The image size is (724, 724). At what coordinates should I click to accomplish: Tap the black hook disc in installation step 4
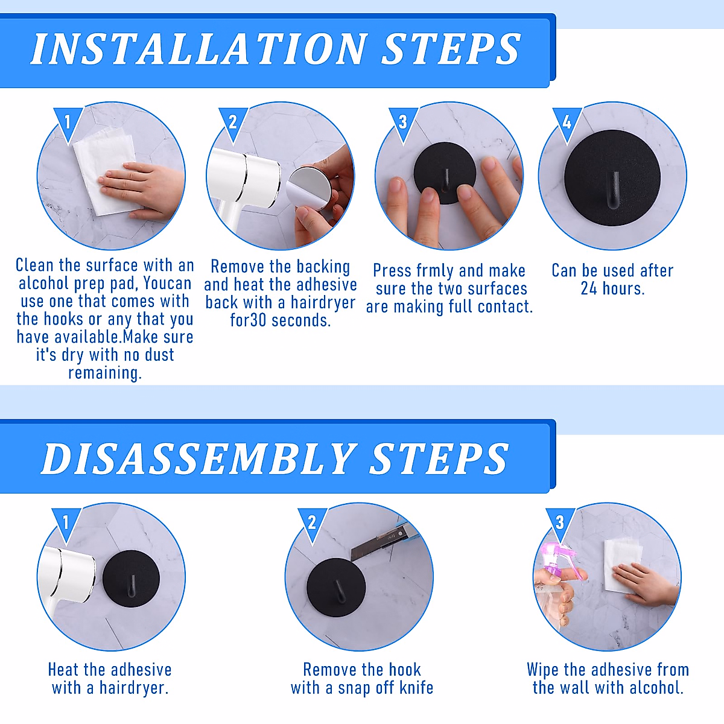click(x=612, y=178)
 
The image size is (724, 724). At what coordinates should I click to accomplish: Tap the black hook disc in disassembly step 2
click(x=336, y=586)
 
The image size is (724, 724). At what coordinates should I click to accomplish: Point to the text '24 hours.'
click(x=612, y=288)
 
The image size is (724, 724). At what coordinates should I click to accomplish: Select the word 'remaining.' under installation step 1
click(x=105, y=373)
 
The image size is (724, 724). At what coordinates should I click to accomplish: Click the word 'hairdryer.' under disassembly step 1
click(x=134, y=688)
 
